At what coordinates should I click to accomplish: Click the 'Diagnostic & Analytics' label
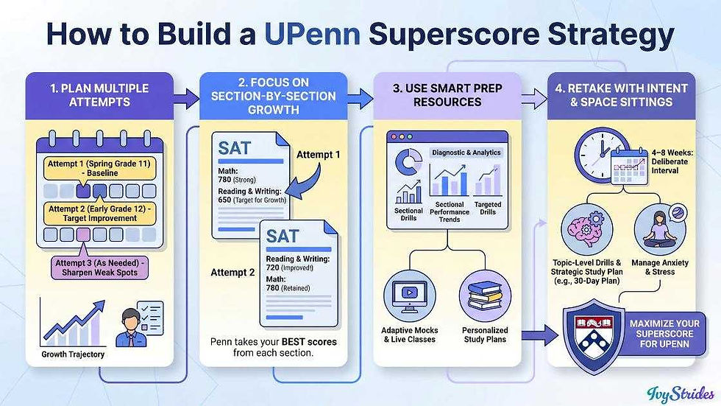point(466,153)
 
